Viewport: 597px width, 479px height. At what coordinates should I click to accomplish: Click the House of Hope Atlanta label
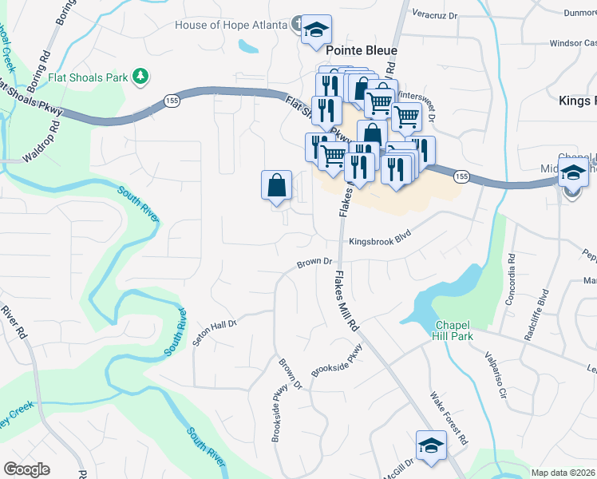point(231,25)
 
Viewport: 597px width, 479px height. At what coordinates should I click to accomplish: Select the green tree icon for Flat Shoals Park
point(141,77)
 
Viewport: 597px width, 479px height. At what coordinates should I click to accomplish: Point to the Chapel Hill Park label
point(453,330)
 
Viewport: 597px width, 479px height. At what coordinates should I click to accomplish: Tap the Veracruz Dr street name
point(434,14)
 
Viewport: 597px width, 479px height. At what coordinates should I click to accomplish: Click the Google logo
point(27,469)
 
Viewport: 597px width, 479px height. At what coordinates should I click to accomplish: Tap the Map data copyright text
point(563,473)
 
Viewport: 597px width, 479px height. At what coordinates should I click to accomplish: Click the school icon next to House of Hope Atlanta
point(317,29)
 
